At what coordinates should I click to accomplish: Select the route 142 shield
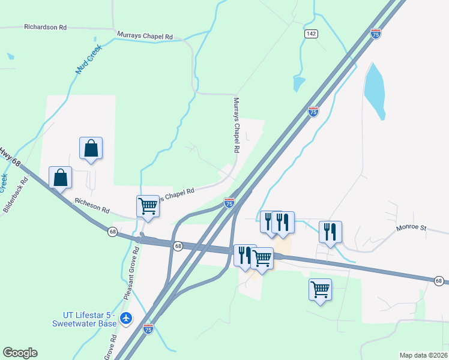point(310,34)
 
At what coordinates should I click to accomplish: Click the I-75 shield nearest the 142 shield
point(376,34)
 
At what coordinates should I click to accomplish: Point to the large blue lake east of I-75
point(375,90)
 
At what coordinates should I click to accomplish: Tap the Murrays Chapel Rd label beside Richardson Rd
point(145,36)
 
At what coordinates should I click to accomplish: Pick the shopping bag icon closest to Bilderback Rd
point(60,178)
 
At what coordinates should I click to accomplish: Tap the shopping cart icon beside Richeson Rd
point(148,206)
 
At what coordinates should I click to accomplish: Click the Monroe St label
point(410,229)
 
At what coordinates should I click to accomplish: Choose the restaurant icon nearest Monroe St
point(330,232)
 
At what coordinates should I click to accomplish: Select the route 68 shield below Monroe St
point(439,280)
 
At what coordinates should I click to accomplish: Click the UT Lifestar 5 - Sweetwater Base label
point(90,319)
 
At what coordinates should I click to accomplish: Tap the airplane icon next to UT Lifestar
point(126,318)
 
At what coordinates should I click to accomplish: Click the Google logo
point(20,353)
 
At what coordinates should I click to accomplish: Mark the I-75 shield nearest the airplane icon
point(148,328)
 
